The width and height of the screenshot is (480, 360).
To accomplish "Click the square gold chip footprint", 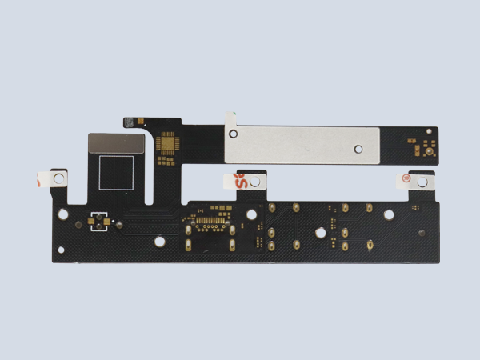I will [x=168, y=144].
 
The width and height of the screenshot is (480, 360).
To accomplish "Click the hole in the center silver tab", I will [x=255, y=182].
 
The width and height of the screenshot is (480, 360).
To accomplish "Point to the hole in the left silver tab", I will [x=58, y=180].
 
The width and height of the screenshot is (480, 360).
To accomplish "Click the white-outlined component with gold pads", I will [x=102, y=221].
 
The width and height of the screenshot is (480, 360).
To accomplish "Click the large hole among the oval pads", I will [x=320, y=233].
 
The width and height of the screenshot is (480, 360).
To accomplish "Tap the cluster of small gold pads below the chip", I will [x=166, y=159].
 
